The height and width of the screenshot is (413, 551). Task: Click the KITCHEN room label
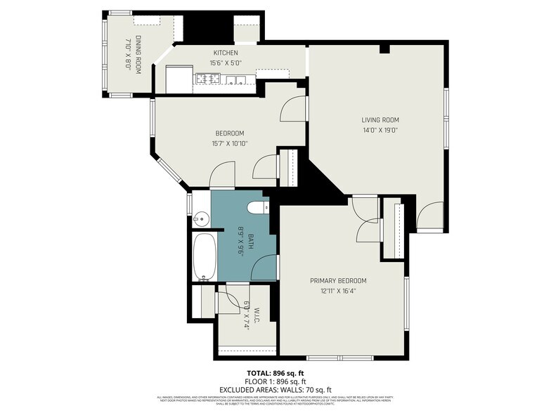coord(226,53)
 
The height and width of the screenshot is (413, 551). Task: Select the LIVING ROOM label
coord(380,119)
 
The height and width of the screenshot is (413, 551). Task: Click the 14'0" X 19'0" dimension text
coord(380,130)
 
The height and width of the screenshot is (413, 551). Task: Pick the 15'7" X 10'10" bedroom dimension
coord(229,144)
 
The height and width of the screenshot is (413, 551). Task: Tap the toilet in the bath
coord(257,207)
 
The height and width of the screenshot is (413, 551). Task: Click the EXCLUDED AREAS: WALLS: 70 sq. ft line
coord(275,389)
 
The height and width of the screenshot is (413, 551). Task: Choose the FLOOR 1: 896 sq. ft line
coord(275,381)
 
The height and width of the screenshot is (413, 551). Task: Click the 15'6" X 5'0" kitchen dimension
coord(226,63)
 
